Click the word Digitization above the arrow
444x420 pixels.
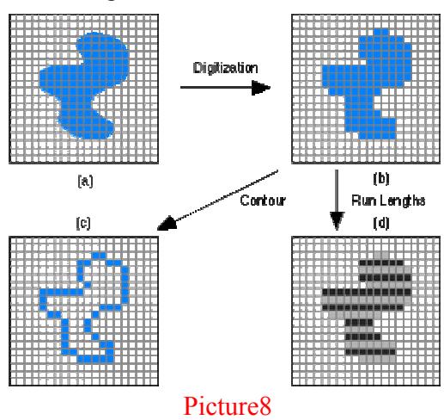(225, 68)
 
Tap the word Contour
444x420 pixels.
(263, 201)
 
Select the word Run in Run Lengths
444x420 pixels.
(362, 201)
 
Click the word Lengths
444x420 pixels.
(399, 201)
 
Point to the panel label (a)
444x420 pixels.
(85, 182)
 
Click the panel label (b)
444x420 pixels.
(381, 179)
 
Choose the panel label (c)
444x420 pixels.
(83, 223)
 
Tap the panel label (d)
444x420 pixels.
(381, 223)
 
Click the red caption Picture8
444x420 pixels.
(227, 405)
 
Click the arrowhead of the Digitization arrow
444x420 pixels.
(261, 87)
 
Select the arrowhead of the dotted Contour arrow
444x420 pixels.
(167, 223)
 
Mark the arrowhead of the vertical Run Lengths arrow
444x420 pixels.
(337, 221)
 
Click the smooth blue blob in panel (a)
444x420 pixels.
(84, 86)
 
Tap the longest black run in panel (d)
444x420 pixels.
(367, 293)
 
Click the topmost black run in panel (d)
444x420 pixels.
(381, 262)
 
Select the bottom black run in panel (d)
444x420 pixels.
(370, 352)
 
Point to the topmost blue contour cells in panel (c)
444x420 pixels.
(99, 255)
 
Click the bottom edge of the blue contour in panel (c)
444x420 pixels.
(95, 359)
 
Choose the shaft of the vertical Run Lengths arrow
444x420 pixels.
(337, 191)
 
